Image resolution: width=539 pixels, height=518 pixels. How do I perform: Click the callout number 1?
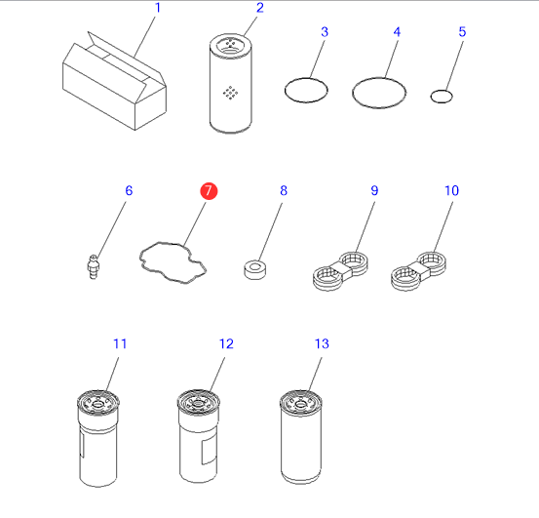pyautogui.click(x=158, y=8)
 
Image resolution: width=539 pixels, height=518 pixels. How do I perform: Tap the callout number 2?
pyautogui.click(x=260, y=8)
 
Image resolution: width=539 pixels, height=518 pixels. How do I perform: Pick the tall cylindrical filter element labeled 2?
pyautogui.click(x=231, y=83)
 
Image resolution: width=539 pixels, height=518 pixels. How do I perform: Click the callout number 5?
pyautogui.click(x=462, y=31)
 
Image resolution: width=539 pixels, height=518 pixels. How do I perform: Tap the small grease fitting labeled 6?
pyautogui.click(x=93, y=267)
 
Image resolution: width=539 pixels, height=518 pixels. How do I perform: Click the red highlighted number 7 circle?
pyautogui.click(x=209, y=191)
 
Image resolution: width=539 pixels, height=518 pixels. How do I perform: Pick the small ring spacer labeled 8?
pyautogui.click(x=254, y=269)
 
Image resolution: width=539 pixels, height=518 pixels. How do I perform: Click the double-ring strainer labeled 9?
pyautogui.click(x=340, y=271)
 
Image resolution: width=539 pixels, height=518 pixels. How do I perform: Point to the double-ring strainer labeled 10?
pyautogui.click(x=418, y=271)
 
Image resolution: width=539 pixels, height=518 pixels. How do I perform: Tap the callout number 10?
pyautogui.click(x=451, y=190)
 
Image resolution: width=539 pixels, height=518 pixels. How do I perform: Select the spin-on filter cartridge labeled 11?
pyautogui.click(x=98, y=438)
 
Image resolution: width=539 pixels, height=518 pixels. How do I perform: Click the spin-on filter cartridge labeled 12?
pyautogui.click(x=198, y=436)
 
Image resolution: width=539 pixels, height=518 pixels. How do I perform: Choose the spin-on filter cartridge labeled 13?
pyautogui.click(x=301, y=437)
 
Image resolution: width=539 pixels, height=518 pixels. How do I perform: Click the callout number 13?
pyautogui.click(x=322, y=343)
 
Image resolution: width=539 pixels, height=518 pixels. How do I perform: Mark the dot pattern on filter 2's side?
pyautogui.click(x=230, y=93)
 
